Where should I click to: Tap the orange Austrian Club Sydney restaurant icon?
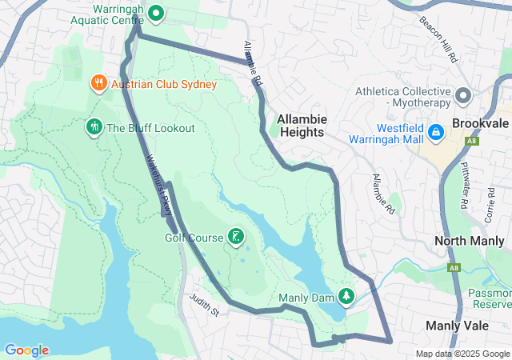click(x=98, y=82)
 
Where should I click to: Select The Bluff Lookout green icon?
click(x=94, y=126)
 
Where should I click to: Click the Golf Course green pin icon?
click(x=235, y=236)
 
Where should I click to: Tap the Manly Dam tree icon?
click(x=346, y=297)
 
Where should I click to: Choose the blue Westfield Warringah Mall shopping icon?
click(x=436, y=132)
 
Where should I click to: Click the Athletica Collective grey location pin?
click(x=462, y=96)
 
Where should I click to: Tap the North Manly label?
click(x=471, y=241)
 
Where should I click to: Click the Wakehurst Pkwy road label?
click(x=158, y=184)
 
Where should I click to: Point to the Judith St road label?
click(x=204, y=304)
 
